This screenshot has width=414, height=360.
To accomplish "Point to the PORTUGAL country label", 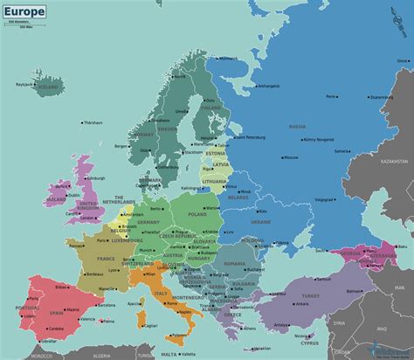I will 24,308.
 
